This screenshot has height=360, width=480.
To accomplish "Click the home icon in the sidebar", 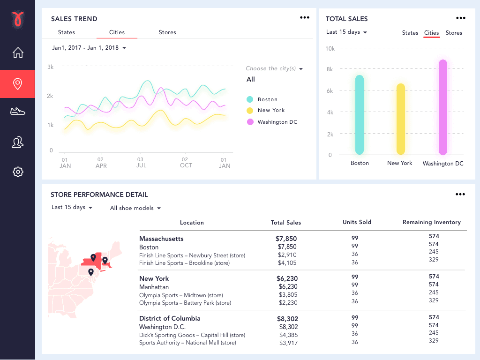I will tap(17, 52).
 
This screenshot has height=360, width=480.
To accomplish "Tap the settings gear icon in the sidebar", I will tap(17, 172).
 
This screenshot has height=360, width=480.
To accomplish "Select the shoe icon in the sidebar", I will tap(17, 111).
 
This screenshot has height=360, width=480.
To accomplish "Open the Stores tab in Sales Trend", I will tap(167, 32).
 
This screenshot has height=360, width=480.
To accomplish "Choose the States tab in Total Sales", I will tap(410, 33).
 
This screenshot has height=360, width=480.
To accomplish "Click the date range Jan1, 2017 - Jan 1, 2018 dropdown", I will tap(89, 48).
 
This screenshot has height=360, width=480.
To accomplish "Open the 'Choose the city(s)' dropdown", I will tap(274, 68).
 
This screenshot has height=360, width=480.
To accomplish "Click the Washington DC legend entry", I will tap(277, 122).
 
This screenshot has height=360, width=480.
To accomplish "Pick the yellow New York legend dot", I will tap(250, 111).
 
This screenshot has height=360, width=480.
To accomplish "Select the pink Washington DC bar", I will tap(442, 107).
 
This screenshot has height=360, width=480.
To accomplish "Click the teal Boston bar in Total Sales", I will tap(360, 115).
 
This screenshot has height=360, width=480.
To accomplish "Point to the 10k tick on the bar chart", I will tap(330, 48).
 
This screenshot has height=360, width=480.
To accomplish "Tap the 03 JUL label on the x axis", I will tap(141, 163).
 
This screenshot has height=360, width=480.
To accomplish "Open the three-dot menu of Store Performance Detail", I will tap(460, 195).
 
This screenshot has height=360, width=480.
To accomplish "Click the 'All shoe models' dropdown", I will tap(135, 208).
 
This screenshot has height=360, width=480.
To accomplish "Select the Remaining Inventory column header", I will tap(431, 222).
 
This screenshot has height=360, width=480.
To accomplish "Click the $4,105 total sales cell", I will tap(287, 263).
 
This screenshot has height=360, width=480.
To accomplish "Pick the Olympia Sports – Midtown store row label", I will tap(181, 295).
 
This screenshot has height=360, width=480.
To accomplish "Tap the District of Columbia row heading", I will tap(170, 318).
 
